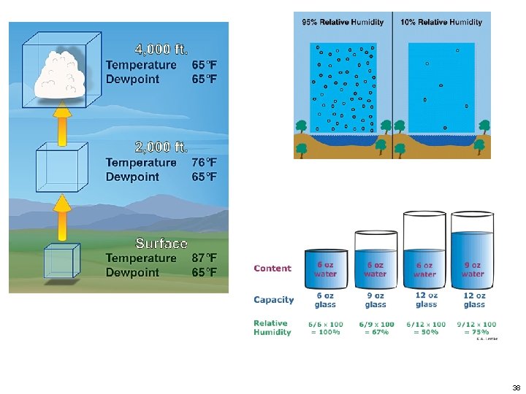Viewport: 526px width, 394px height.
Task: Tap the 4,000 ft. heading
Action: coord(161,50)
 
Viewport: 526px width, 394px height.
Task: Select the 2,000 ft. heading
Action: coord(161,147)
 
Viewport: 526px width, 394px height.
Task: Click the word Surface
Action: coord(161,243)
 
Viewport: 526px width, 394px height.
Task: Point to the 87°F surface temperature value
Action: coord(204,258)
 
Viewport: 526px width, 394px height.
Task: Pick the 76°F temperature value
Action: coord(204,162)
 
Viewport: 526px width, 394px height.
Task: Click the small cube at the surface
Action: coord(59,260)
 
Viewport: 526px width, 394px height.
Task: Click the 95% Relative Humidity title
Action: coord(343,22)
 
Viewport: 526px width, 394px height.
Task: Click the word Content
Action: coord(272,269)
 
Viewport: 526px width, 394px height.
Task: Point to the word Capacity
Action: coord(274,300)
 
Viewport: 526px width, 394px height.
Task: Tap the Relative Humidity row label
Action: coord(272,328)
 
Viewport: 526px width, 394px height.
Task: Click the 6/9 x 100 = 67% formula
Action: coord(376,328)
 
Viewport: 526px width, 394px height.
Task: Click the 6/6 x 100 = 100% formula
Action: coord(325,328)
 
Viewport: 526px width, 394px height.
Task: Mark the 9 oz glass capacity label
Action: coord(375,300)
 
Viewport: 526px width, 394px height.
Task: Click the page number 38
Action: coord(516,387)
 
